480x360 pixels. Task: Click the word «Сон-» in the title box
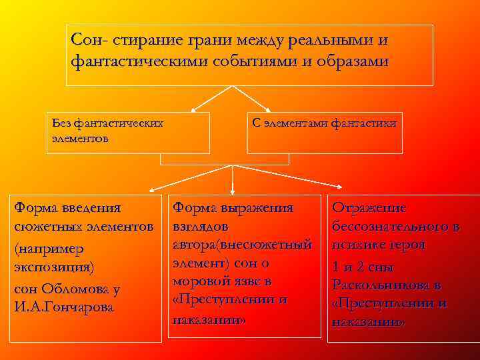tap(89, 40)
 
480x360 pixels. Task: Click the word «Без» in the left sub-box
tap(61, 123)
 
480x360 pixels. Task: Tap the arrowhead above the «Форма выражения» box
tap(232, 190)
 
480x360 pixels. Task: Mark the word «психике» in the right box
tap(359, 245)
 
